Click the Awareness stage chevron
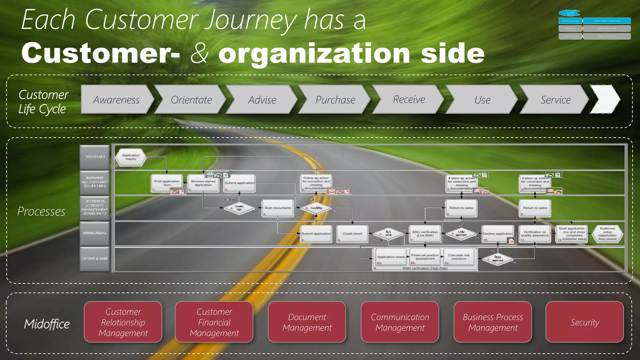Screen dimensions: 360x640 point(116,99)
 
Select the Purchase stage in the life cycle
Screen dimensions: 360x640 point(335,99)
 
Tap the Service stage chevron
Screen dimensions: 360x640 point(555,99)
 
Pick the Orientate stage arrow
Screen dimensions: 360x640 point(191,99)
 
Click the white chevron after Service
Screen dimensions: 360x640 point(605,99)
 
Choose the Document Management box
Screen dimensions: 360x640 point(307,322)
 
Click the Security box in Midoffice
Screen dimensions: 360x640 point(585,322)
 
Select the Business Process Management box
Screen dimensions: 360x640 point(492,322)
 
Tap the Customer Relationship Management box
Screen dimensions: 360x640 point(123,322)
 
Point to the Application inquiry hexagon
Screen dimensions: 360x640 point(131,157)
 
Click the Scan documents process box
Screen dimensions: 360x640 point(278,208)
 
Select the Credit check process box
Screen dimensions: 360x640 point(352,234)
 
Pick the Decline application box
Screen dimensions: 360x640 point(498,234)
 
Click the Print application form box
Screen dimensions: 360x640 point(167,183)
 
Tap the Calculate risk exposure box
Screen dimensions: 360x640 point(459,257)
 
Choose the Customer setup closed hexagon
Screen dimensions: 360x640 point(607,234)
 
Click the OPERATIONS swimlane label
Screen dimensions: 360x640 point(95,233)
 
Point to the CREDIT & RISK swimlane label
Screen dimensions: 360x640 point(95,259)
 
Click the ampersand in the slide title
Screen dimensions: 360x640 point(199,53)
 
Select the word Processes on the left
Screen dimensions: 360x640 point(41,212)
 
